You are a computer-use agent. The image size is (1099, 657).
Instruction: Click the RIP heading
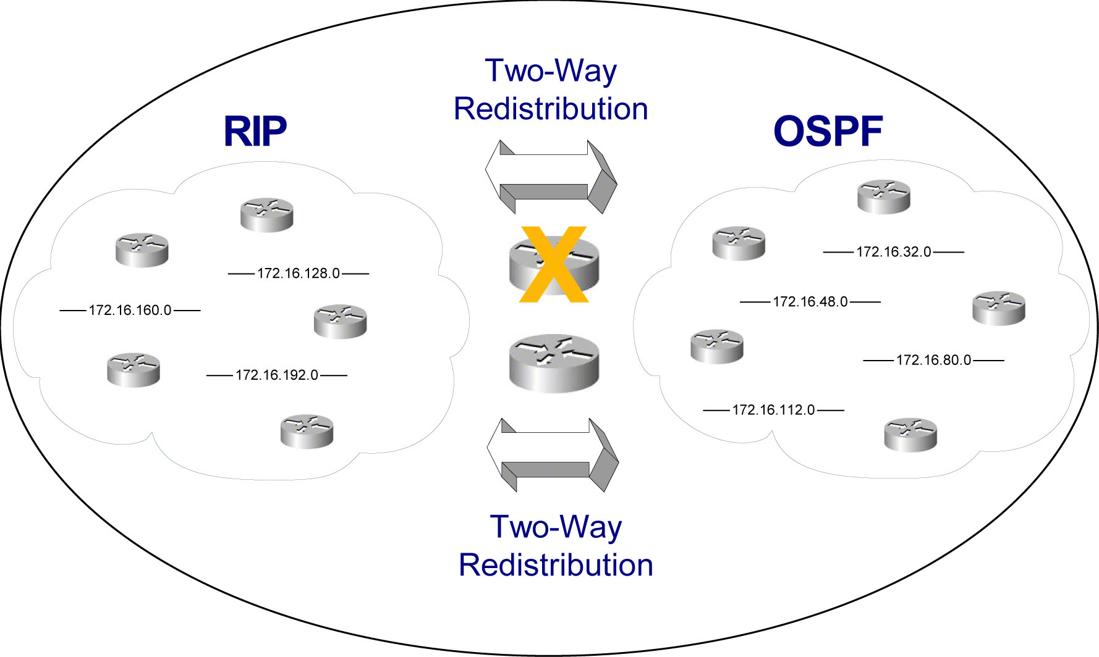[255, 131]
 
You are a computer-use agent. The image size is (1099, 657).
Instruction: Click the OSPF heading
[828, 131]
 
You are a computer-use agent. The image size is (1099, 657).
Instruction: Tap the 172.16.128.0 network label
[299, 274]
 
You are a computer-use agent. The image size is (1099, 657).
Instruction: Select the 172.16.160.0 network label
[130, 310]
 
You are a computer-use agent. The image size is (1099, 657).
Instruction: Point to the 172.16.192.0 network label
[277, 375]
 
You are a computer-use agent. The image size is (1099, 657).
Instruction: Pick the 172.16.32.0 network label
[893, 252]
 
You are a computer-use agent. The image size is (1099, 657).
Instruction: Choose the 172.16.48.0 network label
[810, 302]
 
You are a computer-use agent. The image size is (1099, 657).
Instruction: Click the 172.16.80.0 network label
[933, 360]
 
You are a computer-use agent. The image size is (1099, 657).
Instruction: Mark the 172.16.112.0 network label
[773, 410]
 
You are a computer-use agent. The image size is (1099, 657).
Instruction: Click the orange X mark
[553, 264]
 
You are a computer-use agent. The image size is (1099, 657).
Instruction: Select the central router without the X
[554, 363]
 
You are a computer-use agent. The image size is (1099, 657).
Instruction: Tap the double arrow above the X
[551, 177]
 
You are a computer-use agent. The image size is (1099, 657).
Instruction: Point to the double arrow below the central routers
[553, 455]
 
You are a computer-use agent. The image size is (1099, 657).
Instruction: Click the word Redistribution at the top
[551, 109]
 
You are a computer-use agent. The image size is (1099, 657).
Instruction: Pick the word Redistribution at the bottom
[556, 565]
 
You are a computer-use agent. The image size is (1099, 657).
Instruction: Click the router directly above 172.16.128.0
[266, 214]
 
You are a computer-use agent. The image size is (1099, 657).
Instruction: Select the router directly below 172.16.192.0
[307, 431]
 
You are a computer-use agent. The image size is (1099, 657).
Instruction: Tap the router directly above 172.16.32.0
[884, 196]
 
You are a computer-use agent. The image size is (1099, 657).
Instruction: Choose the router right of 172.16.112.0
[910, 435]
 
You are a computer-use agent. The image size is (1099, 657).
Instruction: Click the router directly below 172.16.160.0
[134, 369]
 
